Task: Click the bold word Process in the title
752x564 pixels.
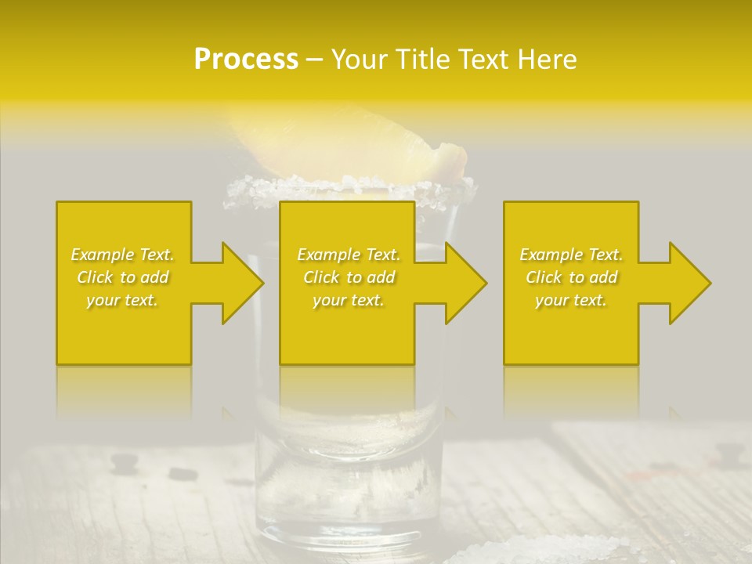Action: coord(246,60)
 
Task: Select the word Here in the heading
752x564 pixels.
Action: coord(546,60)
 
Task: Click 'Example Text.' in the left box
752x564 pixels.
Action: coord(123,255)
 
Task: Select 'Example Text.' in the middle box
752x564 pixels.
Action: coord(349,255)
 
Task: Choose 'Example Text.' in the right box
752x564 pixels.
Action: coord(571,255)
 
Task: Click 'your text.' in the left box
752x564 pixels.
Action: coord(123,300)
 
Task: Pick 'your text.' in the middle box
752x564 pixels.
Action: coord(349,300)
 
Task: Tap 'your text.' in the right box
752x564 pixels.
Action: coord(571,300)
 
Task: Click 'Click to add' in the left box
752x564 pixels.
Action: coord(123,277)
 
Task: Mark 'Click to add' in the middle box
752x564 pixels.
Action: coord(349,277)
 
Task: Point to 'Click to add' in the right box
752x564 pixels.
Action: coord(571,277)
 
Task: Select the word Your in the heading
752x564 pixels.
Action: coord(360,60)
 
